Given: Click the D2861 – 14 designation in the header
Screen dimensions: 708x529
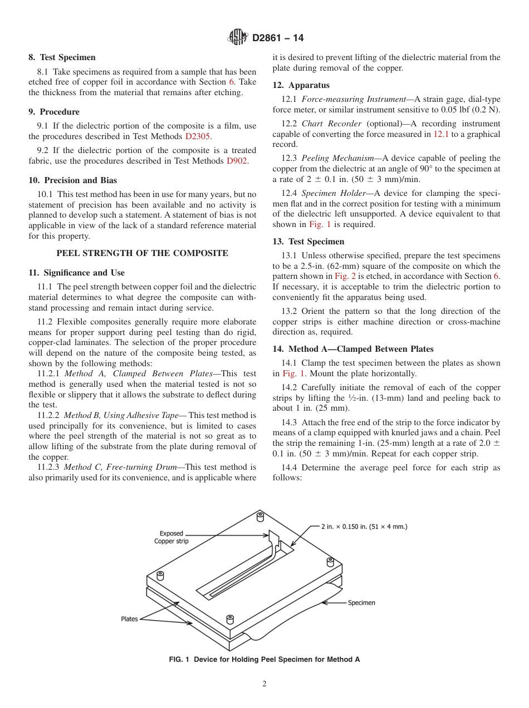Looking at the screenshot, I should (x=278, y=38).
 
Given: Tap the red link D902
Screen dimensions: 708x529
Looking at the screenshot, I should (x=238, y=161).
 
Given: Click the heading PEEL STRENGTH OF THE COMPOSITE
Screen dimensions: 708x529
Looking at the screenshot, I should (x=142, y=253).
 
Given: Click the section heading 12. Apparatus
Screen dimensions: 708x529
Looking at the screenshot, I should (x=301, y=85).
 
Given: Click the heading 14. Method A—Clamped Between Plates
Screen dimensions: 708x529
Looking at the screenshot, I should (x=352, y=349).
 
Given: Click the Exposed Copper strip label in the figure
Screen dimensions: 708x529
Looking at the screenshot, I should (x=172, y=537).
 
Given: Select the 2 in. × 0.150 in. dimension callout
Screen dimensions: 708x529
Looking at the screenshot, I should (x=364, y=527).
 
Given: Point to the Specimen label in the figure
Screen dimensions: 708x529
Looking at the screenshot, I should (x=361, y=603).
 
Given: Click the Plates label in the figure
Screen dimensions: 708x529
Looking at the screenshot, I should (x=129, y=619).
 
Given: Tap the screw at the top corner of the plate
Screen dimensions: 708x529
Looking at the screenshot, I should (x=259, y=516).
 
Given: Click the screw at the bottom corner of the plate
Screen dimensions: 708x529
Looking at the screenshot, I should (x=230, y=619).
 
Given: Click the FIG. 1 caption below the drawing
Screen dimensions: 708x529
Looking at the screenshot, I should (x=264, y=660).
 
